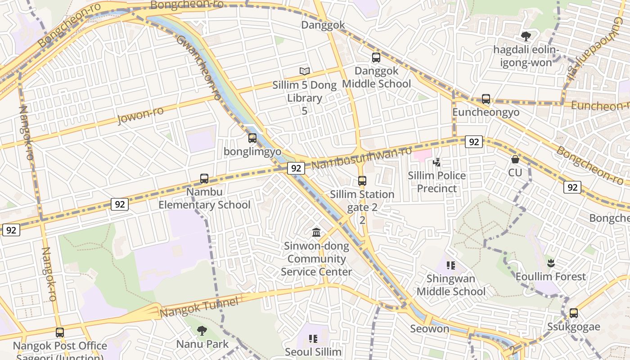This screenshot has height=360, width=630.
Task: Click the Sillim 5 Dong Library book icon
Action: click(x=305, y=71)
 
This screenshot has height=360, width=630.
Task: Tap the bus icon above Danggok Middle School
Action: click(x=376, y=58)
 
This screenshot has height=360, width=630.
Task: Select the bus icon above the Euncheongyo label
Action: click(x=486, y=99)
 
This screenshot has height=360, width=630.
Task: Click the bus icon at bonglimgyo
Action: click(x=252, y=138)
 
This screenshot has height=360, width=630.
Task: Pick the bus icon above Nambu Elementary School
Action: click(x=204, y=179)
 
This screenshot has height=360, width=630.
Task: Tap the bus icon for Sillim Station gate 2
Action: click(x=362, y=181)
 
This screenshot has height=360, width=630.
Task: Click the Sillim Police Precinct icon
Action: click(x=436, y=162)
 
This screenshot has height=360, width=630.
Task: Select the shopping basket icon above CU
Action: click(x=515, y=159)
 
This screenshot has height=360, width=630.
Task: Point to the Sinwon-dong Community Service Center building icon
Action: click(x=316, y=233)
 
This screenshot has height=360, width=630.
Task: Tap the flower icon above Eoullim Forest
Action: click(x=550, y=263)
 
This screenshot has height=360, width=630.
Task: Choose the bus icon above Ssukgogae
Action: click(x=574, y=313)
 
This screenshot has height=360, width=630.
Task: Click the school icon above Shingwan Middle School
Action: click(x=451, y=265)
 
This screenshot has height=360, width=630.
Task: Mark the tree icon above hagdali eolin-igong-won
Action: click(x=526, y=36)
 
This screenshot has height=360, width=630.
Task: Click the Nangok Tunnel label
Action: click(x=199, y=307)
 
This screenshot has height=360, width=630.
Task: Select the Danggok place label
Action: click(x=323, y=25)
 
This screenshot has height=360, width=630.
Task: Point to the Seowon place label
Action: click(x=430, y=328)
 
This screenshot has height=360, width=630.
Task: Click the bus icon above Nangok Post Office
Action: click(x=60, y=333)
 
